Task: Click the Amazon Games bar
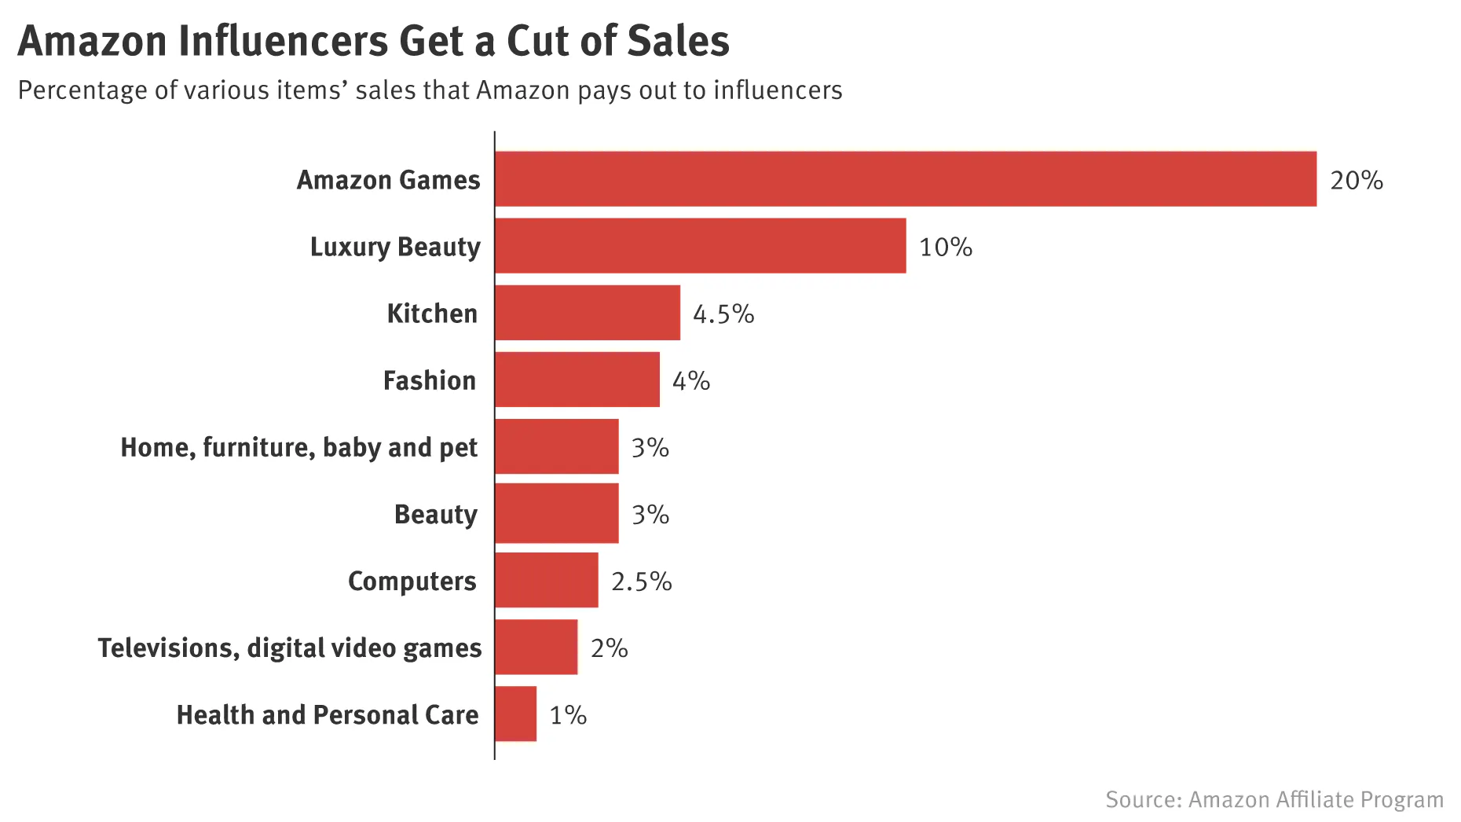(905, 179)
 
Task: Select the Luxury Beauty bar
(700, 246)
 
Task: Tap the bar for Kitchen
(588, 313)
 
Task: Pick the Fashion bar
(577, 380)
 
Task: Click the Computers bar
(547, 581)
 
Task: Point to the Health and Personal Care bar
(516, 714)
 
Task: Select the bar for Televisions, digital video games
(536, 647)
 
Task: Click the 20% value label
(1356, 180)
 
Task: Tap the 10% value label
(945, 247)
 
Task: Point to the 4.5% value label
(723, 314)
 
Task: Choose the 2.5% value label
(641, 582)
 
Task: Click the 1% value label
(567, 715)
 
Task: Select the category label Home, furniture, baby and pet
(298, 447)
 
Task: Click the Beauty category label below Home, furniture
(435, 514)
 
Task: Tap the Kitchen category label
(431, 313)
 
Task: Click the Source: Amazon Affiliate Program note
(1273, 799)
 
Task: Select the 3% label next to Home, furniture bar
(650, 448)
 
